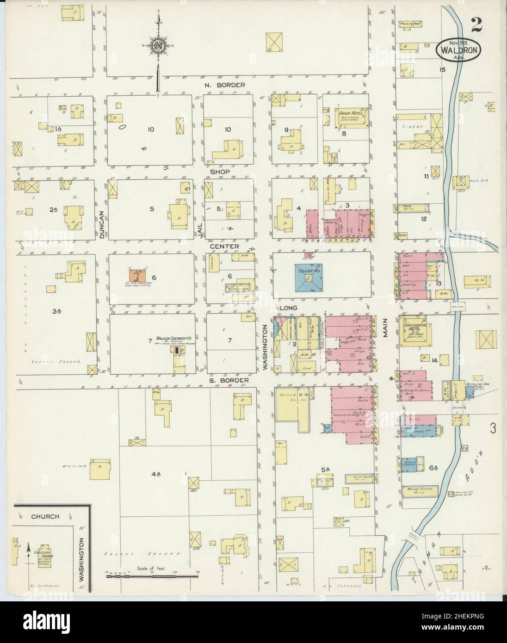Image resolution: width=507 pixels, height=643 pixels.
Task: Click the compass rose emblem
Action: coord(159,46)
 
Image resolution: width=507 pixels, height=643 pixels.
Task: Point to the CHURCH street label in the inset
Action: coord(45,516)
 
